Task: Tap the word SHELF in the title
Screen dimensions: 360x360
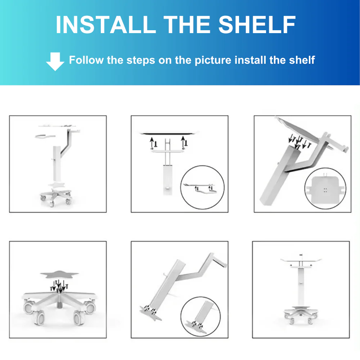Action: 257,24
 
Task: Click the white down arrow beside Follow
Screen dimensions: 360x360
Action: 55,62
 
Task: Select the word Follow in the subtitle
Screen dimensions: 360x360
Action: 86,60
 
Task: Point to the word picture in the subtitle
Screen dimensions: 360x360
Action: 213,60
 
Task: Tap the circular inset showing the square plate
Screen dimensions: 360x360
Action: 325,189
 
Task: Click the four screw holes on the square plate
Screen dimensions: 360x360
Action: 325,190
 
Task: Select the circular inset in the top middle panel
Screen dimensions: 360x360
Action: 202,187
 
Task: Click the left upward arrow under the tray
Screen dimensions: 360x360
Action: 152,142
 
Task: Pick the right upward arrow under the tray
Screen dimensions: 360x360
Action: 183,141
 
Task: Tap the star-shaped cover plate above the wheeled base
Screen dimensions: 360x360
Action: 59,275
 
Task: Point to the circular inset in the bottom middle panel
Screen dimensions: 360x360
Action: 201,316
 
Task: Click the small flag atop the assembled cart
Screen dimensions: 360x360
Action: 301,255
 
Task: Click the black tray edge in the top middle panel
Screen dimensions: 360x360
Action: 168,133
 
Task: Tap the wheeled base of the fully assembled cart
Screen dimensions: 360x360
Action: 301,315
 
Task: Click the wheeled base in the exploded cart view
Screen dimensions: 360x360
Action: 55,196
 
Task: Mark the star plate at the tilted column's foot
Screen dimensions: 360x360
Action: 150,313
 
